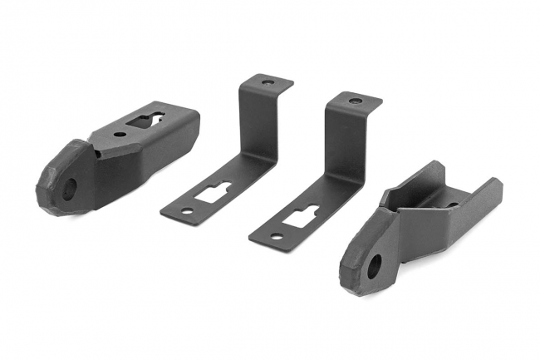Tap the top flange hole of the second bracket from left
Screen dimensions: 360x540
[267, 83]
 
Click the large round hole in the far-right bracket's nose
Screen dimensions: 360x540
[374, 266]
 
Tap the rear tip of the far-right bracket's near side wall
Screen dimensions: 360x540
[496, 185]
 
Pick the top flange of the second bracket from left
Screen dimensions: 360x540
[267, 84]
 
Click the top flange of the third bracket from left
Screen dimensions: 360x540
[356, 101]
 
